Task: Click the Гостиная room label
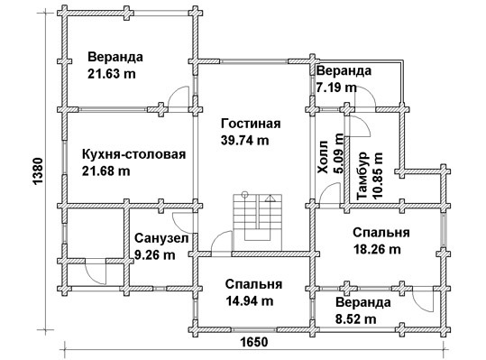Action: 251,124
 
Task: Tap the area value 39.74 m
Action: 245,141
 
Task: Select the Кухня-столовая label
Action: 133,154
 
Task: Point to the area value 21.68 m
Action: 106,171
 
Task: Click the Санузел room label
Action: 161,239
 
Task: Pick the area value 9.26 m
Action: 155,255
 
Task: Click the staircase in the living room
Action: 258,222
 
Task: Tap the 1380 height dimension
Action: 38,171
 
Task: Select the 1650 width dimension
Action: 254,342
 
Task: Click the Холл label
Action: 323,157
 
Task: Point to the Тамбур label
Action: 362,176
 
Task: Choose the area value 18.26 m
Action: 377,249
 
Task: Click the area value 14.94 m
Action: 250,300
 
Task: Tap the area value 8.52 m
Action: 356,318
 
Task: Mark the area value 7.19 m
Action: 336,88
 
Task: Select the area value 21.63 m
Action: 112,74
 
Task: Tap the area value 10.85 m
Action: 378,175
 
